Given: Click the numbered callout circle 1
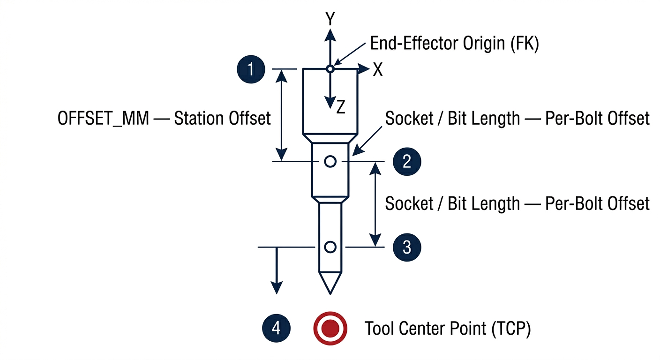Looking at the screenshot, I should [252, 69].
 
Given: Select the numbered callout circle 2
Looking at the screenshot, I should [407, 162].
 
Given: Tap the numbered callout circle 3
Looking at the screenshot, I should [407, 247].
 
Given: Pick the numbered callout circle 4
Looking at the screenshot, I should [277, 327].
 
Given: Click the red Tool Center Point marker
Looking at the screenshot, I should [330, 327].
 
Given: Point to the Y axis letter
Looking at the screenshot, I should [330, 19].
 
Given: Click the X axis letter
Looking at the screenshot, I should [378, 70].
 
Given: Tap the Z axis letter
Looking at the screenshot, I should [341, 108].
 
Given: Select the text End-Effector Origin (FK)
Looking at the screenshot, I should [455, 44].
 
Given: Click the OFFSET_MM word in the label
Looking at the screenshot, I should [103, 119].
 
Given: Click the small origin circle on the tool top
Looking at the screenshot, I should [330, 69].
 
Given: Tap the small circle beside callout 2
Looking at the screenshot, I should [330, 162].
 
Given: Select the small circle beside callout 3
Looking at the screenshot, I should [330, 247].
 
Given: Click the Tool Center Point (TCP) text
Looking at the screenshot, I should [447, 329].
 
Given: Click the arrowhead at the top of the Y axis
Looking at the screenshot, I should [330, 34].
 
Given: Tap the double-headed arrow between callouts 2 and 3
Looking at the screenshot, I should [375, 204].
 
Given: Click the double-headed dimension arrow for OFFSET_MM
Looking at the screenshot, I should [281, 115].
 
